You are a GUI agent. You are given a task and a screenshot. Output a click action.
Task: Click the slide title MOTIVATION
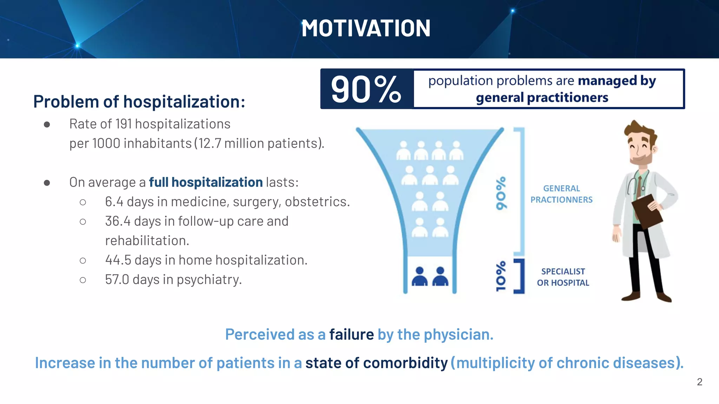pyautogui.click(x=365, y=28)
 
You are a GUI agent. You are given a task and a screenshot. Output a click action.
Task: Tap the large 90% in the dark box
pyautogui.click(x=365, y=89)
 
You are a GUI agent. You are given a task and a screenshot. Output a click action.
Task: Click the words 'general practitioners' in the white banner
pyautogui.click(x=542, y=97)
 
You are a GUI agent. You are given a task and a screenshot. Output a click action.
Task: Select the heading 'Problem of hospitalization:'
pyautogui.click(x=139, y=102)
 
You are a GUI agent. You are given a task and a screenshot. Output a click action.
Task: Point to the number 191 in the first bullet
pyautogui.click(x=124, y=124)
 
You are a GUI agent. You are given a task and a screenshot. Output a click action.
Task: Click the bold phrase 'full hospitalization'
pyautogui.click(x=206, y=182)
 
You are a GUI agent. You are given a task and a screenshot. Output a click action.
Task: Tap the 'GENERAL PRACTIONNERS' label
pyautogui.click(x=561, y=194)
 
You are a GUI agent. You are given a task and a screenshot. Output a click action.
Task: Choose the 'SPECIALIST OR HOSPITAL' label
pyautogui.click(x=563, y=277)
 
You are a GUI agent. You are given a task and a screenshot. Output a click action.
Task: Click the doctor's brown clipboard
pyautogui.click(x=647, y=211)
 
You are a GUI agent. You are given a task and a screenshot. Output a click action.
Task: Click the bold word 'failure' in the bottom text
pyautogui.click(x=351, y=335)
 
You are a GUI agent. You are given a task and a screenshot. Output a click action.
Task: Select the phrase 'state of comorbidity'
pyautogui.click(x=376, y=363)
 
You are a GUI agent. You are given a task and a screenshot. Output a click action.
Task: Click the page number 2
pyautogui.click(x=699, y=382)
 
